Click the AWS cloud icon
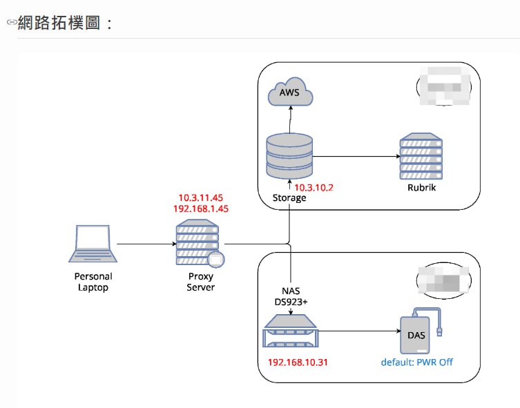point(289,93)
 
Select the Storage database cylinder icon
point(289,157)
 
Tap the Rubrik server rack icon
point(421,157)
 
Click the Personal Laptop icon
point(93,244)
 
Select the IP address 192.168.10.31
point(297,362)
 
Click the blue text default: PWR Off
point(417,362)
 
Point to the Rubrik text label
point(421,187)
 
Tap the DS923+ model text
point(291,302)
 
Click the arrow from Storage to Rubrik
point(355,157)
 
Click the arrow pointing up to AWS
point(289,120)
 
